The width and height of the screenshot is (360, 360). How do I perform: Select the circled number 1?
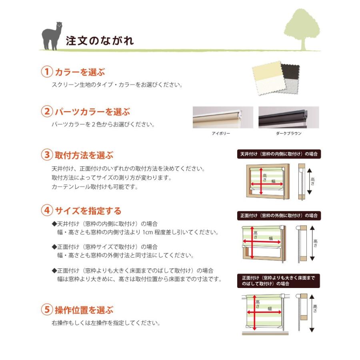(x=47, y=72)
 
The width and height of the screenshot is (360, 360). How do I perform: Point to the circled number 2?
(x=47, y=112)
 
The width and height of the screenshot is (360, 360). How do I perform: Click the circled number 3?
(x=47, y=155)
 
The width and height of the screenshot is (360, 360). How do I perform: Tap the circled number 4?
(x=47, y=210)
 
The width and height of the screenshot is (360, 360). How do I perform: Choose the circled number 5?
(x=47, y=310)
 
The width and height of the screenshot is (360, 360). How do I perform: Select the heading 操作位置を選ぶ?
(x=84, y=310)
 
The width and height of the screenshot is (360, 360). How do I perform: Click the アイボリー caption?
(x=221, y=134)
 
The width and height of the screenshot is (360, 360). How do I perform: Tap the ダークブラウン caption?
(x=288, y=134)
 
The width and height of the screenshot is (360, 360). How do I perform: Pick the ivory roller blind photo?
(x=223, y=117)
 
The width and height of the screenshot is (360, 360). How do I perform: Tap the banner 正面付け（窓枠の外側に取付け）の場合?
(x=279, y=216)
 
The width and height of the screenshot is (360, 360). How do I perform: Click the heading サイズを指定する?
(x=88, y=210)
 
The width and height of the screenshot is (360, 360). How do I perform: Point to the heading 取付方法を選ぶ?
(x=84, y=155)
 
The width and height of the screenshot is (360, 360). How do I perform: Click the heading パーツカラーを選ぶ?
(x=92, y=112)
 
